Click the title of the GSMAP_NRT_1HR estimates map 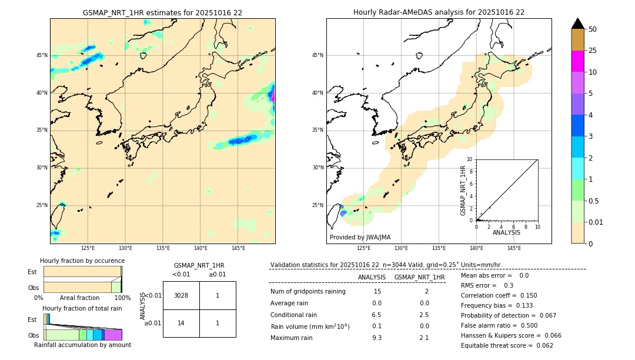pyautogui.click(x=162, y=12)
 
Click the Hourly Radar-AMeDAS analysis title pyautogui.click(x=439, y=12)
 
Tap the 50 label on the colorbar pyautogui.click(x=593, y=29)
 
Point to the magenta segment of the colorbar pyautogui.click(x=577, y=61)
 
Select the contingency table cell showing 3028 pyautogui.click(x=181, y=295)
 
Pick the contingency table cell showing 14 pyautogui.click(x=181, y=323)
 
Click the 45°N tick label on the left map pyautogui.click(x=42, y=55)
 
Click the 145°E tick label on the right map pyautogui.click(x=514, y=248)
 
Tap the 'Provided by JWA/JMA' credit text pyautogui.click(x=360, y=238)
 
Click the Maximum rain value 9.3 pyautogui.click(x=377, y=338)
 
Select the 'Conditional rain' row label pyautogui.click(x=294, y=315)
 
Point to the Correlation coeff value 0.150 pyautogui.click(x=525, y=295)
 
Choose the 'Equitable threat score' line pyautogui.click(x=507, y=345)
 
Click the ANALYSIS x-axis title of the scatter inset pyautogui.click(x=506, y=232)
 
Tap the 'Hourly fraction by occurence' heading pyautogui.click(x=82, y=261)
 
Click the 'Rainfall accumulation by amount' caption pyautogui.click(x=82, y=345)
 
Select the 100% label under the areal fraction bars pyautogui.click(x=122, y=298)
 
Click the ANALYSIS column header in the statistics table pyautogui.click(x=372, y=277)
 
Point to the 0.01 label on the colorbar pyautogui.click(x=596, y=222)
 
